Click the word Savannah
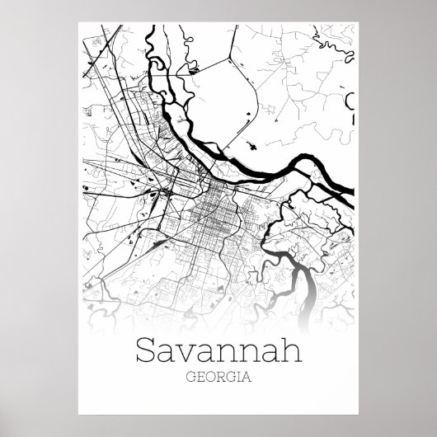click(218, 353)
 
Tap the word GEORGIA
click(218, 380)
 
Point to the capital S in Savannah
click(151, 353)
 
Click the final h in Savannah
click(284, 353)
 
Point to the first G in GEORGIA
click(189, 380)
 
